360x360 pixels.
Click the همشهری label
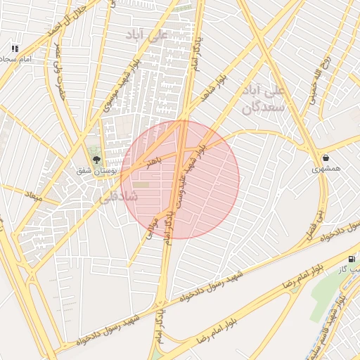coord(326,169)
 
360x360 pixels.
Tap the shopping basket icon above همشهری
coord(326,157)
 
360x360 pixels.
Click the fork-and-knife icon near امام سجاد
coord(14,49)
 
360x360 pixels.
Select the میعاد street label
coord(34,194)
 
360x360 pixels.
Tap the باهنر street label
coord(154,163)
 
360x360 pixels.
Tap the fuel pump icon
coord(352,259)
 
